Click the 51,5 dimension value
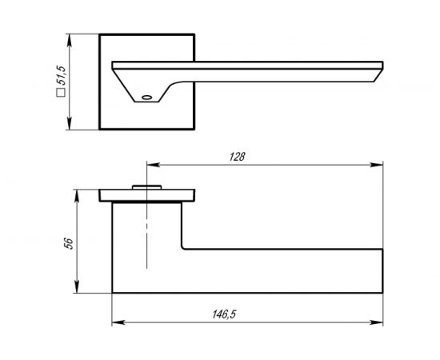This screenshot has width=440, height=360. (61, 75)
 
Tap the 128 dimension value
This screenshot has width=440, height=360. (237, 157)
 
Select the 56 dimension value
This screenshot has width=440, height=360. (69, 243)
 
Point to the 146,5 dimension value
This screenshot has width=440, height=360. (224, 314)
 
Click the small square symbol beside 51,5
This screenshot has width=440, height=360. (61, 92)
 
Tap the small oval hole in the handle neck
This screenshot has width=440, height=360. (146, 98)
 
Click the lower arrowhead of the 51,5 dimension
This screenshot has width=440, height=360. (70, 123)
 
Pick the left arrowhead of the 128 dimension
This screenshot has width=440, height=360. (154, 165)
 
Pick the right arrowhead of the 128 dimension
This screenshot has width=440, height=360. (377, 165)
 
